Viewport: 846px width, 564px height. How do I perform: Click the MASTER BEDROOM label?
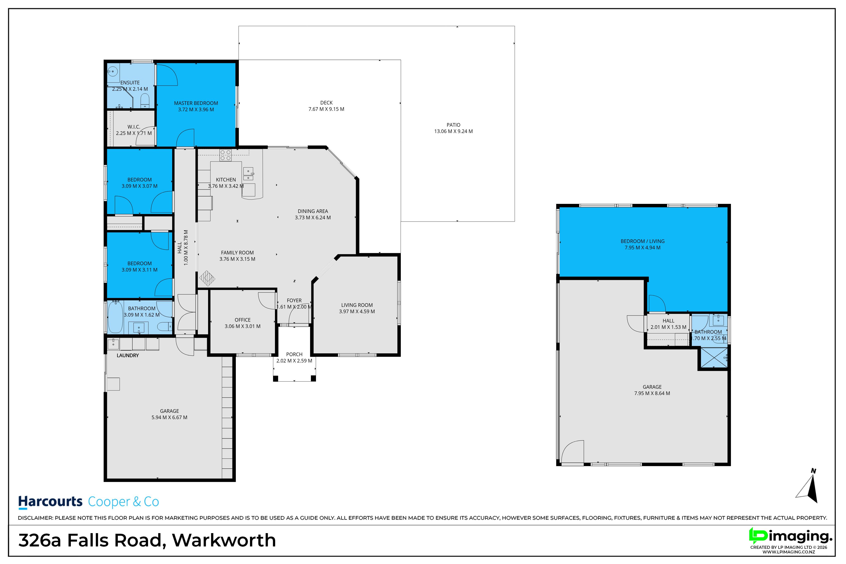tap(196, 103)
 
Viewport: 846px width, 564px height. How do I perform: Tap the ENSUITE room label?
tap(130, 83)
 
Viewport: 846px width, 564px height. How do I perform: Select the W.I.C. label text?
tap(134, 127)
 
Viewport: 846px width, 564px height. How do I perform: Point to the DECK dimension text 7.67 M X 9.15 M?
tap(326, 109)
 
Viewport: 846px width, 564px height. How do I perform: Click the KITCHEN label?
tap(226, 180)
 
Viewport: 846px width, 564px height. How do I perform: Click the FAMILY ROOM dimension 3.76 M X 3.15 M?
tap(237, 259)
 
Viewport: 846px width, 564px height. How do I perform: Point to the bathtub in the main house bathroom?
tap(115, 317)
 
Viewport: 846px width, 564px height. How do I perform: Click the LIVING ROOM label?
tap(357, 305)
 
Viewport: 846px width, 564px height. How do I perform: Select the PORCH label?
tap(294, 355)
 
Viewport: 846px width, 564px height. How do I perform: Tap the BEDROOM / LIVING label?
tap(642, 241)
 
